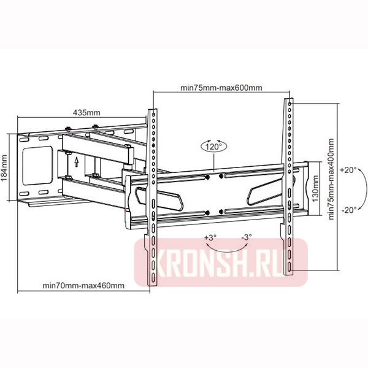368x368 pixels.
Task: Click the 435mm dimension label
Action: [x=86, y=112]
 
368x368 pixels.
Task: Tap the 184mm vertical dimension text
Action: [x=5, y=166]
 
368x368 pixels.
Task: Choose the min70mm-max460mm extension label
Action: [x=83, y=285]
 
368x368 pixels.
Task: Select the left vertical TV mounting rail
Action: [x=151, y=196]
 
